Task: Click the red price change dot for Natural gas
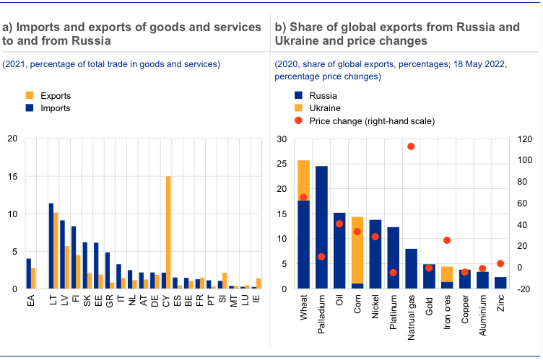tap(411, 146)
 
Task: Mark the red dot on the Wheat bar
tap(303, 197)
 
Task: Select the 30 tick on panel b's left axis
tap(281, 139)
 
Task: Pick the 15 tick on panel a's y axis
tap(12, 177)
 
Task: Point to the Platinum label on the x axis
tap(393, 307)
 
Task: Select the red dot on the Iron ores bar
tap(447, 240)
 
